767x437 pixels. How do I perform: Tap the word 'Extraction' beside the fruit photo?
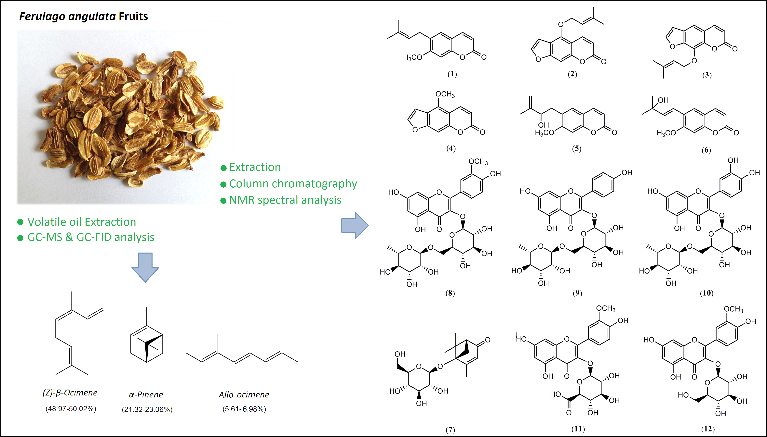click(255, 167)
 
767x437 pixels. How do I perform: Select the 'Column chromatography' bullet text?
click(293, 184)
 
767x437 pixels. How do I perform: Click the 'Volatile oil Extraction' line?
click(81, 222)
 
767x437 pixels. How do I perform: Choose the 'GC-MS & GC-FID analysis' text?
click(91, 237)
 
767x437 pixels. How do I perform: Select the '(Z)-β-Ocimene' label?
click(70, 393)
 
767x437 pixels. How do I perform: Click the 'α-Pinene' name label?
click(146, 395)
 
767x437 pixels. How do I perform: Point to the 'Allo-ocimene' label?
click(244, 395)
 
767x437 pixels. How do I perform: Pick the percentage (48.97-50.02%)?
click(71, 409)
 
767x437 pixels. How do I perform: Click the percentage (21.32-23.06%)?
click(147, 410)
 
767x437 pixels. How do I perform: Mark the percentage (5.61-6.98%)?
click(244, 409)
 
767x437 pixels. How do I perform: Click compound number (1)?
click(452, 74)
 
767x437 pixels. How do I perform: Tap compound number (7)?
click(450, 430)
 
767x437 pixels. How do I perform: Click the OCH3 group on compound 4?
click(445, 94)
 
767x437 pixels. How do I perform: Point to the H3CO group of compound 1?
click(412, 57)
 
